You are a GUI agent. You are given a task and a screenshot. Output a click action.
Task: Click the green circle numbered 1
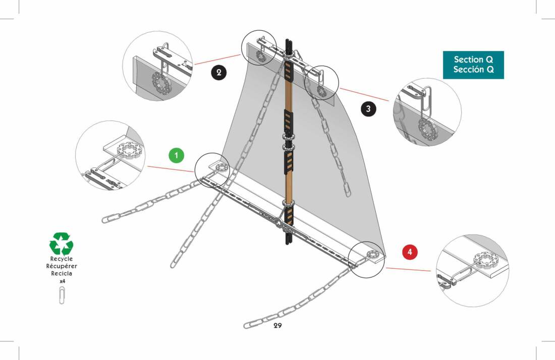tap(176, 155)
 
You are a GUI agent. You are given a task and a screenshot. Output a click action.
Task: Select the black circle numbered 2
tap(218, 73)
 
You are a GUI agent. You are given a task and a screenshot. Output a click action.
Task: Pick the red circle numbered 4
tap(410, 252)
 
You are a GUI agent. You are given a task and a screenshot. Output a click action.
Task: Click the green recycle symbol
tap(61, 244)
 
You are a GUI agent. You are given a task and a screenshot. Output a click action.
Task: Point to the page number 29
tap(277, 326)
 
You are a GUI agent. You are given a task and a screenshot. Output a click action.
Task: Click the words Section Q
tap(473, 59)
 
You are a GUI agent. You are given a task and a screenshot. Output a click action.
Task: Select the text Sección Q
tap(473, 70)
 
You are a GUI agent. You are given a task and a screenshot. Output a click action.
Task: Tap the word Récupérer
tap(62, 266)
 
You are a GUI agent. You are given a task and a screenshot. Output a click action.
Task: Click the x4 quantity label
tap(62, 281)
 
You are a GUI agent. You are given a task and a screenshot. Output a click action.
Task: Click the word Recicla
tap(62, 273)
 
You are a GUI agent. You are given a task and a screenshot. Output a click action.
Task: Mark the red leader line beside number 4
tap(409, 270)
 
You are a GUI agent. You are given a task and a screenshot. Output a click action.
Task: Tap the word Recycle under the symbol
tap(62, 259)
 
